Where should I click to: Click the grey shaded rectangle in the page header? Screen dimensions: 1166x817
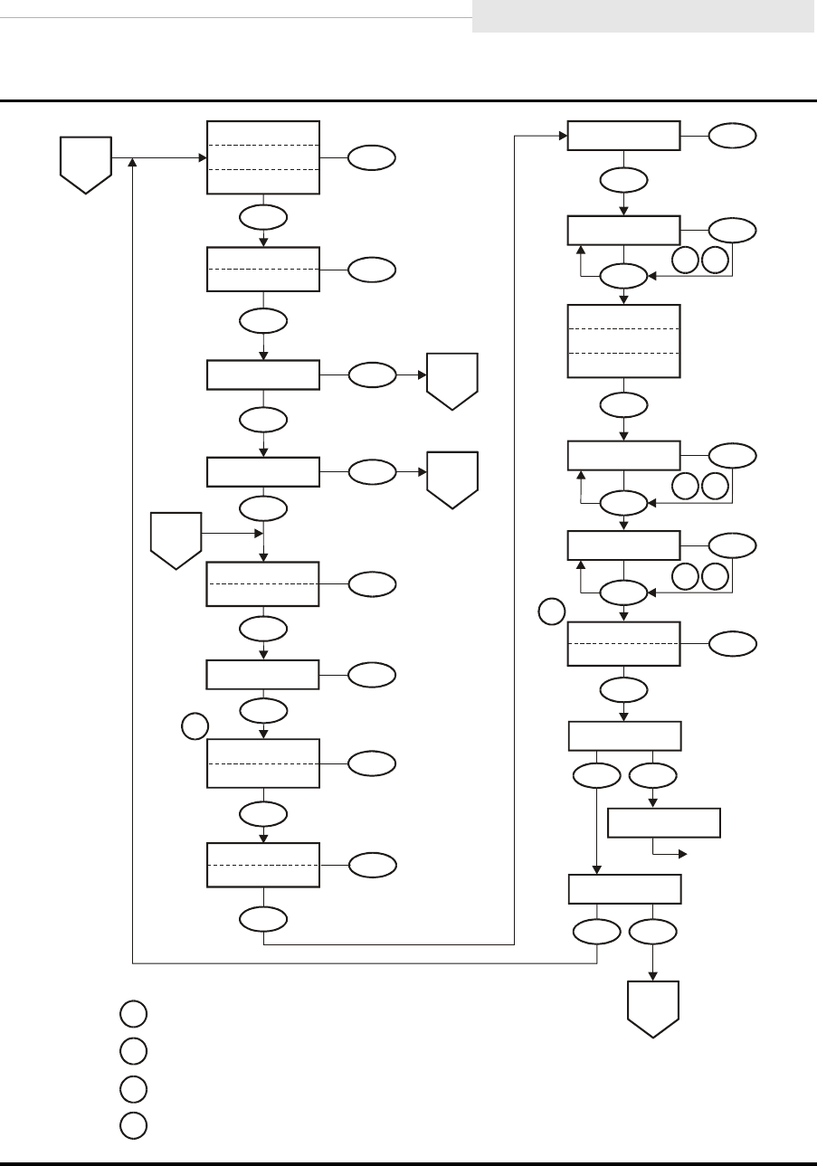[x=642, y=16]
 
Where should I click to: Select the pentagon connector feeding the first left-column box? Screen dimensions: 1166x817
[x=85, y=164]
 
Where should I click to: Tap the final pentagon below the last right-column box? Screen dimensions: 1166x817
[x=653, y=1009]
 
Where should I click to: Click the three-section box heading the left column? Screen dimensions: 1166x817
[x=263, y=156]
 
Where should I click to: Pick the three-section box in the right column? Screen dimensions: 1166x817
[x=623, y=341]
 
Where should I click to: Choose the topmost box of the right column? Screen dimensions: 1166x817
[x=623, y=137]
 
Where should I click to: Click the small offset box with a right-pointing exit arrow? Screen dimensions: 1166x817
[x=664, y=823]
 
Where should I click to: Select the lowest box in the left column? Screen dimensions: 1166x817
[x=263, y=865]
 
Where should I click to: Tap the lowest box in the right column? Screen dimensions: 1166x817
[x=623, y=889]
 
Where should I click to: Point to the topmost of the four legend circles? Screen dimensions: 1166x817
[x=132, y=1013]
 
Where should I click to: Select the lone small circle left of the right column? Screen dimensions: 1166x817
[x=552, y=611]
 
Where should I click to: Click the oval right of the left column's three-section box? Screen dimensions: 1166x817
[x=372, y=157]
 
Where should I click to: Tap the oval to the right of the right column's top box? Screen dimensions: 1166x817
[x=731, y=137]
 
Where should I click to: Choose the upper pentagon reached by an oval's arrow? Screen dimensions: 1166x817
[x=452, y=381]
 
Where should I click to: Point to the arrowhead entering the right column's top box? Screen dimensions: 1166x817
[x=562, y=137]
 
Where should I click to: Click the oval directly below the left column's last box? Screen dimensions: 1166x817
[x=263, y=919]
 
